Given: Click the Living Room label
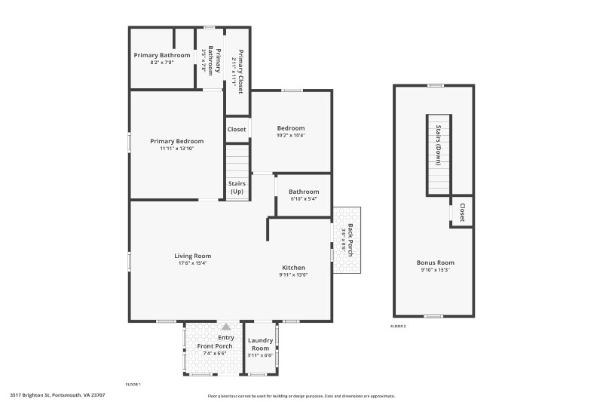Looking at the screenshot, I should click(x=194, y=256).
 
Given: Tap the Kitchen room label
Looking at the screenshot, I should click(x=293, y=268).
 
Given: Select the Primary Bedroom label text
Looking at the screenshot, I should click(x=176, y=141).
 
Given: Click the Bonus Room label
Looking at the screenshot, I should click(x=435, y=262).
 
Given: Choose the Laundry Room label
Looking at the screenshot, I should click(x=260, y=344).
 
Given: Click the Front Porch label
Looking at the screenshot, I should click(x=215, y=346).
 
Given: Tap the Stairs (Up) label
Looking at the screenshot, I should click(x=237, y=187).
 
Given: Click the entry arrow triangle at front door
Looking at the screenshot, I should click(x=225, y=327).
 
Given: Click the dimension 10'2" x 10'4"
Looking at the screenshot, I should click(x=290, y=136).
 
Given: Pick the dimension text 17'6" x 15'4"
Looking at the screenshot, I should click(x=194, y=263).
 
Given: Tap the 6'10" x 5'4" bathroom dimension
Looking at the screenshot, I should click(x=304, y=199).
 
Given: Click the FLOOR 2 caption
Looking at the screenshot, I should click(x=398, y=326).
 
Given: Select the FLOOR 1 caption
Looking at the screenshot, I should click(x=133, y=385).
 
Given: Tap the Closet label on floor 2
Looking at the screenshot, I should click(x=462, y=212).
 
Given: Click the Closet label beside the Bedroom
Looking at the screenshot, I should click(x=237, y=129).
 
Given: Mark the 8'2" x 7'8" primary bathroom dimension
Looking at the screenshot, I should click(x=162, y=63).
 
